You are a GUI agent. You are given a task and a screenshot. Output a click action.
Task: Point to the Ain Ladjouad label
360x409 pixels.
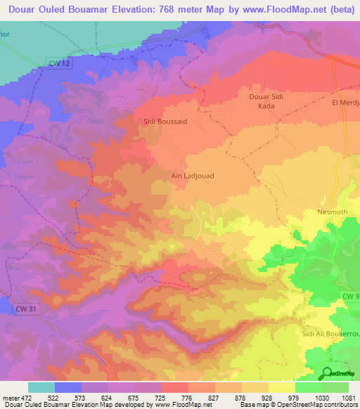(192, 176)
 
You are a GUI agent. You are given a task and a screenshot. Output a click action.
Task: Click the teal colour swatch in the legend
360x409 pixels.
(41, 388)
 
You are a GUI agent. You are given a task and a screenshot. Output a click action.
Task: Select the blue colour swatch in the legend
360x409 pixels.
(68, 388)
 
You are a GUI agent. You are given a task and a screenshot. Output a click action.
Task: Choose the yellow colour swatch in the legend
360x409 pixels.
(281, 388)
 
